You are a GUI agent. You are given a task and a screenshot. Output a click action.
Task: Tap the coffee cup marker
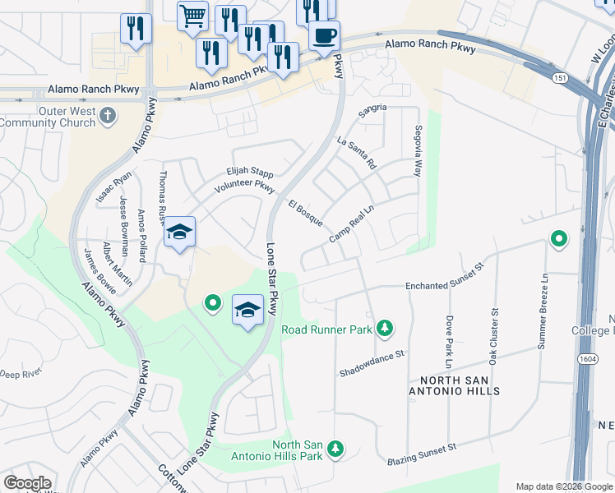324,36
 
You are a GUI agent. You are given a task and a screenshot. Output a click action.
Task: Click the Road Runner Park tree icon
384,329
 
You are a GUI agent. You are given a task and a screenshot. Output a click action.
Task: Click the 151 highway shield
560,77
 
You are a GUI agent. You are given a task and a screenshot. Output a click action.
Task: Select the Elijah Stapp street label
249,173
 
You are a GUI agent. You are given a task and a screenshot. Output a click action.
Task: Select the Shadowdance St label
373,364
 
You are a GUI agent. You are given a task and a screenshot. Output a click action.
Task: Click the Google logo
28,482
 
